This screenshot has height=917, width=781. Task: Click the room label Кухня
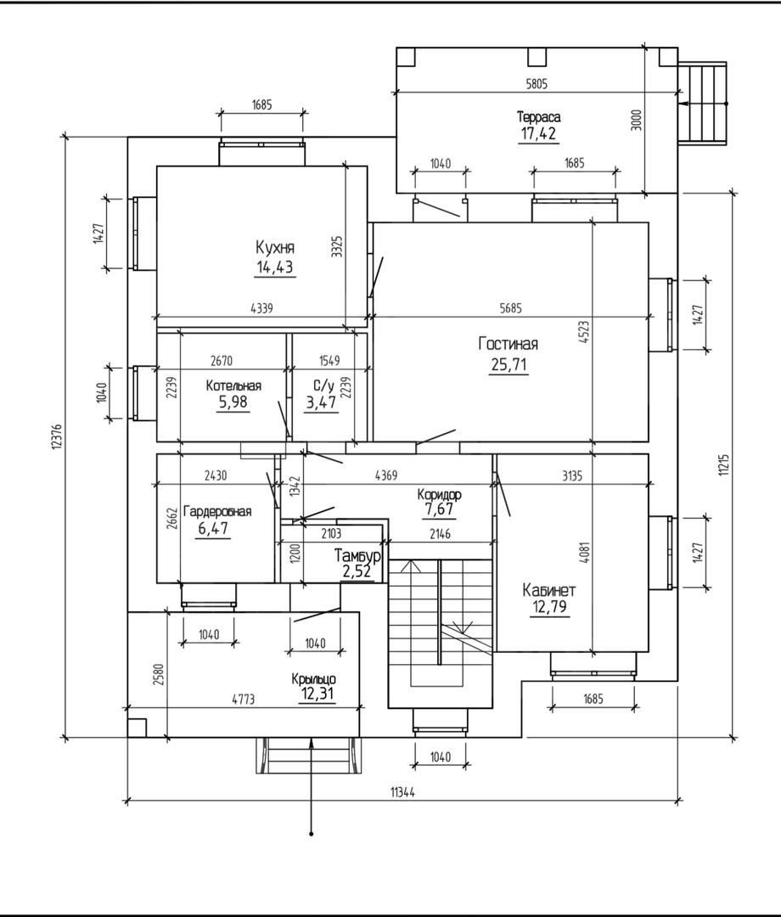pyautogui.click(x=275, y=248)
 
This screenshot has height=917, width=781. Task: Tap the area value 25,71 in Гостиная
pyautogui.click(x=508, y=366)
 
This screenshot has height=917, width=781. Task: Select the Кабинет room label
pyautogui.click(x=550, y=589)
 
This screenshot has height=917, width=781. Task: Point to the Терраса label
pyautogui.click(x=539, y=116)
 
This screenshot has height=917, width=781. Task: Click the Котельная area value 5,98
pyautogui.click(x=233, y=402)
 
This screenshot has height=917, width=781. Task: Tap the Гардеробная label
pyautogui.click(x=218, y=511)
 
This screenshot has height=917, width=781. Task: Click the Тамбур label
pyautogui.click(x=357, y=555)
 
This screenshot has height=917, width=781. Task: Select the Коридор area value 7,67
pyautogui.click(x=439, y=509)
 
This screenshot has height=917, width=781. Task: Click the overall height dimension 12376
pyautogui.click(x=57, y=437)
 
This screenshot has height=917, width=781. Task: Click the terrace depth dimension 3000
pyautogui.click(x=638, y=119)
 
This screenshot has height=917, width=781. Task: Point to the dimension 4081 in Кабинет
pyautogui.click(x=584, y=553)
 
